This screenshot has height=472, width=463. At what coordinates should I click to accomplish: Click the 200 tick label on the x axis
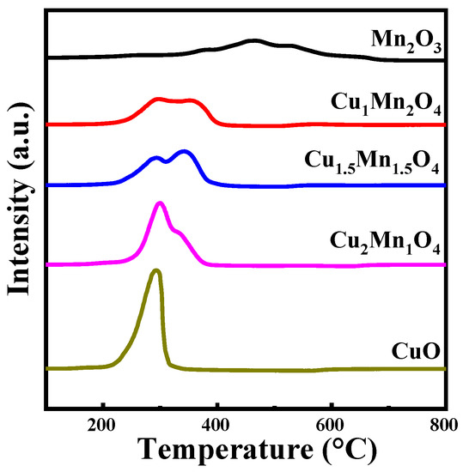[x=103, y=422]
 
